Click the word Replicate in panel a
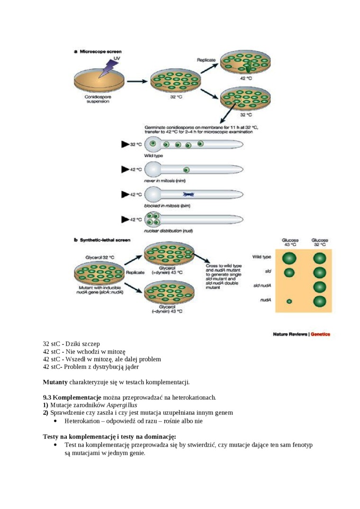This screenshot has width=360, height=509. (x=206, y=60)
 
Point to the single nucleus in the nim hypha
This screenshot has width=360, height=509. (x=186, y=170)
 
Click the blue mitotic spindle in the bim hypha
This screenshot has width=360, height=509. (x=186, y=194)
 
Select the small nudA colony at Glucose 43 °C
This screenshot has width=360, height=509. (x=289, y=301)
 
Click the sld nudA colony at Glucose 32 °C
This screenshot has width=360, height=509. (x=320, y=287)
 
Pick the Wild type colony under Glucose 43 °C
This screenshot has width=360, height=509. (x=289, y=258)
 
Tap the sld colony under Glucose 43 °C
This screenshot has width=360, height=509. (x=289, y=273)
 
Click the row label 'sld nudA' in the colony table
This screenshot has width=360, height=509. (x=262, y=286)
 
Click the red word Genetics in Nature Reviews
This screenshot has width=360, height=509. (x=320, y=334)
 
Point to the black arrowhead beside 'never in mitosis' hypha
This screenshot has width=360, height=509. (x=125, y=169)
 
